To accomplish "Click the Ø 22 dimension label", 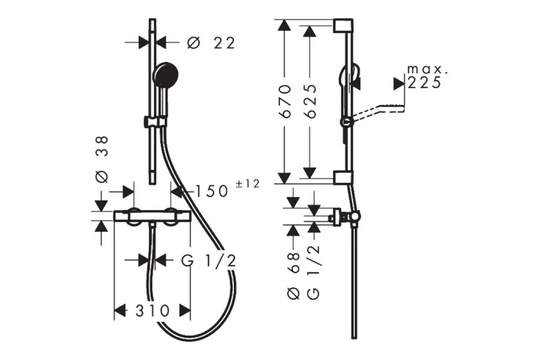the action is point(211,43).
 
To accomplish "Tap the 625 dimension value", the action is point(310,102).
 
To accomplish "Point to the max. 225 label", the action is point(427,77).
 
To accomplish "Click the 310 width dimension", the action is point(153,311).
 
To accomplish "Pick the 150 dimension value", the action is point(212,192).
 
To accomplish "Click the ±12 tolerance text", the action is point(248,184).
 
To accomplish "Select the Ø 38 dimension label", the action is point(102,159).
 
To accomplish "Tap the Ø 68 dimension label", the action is point(294,276).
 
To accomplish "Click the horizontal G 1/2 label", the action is point(209,261).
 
